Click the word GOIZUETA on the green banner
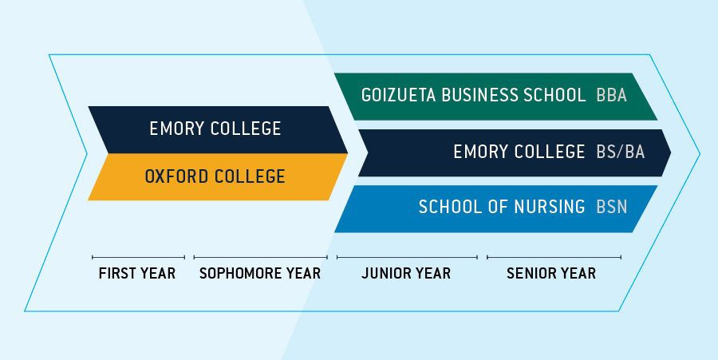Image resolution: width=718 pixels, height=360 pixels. [x=398, y=95]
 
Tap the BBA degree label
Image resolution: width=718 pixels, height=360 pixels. [x=611, y=95]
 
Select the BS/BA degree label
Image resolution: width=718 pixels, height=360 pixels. [x=621, y=152]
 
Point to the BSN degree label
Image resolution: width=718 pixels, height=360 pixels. [x=611, y=207]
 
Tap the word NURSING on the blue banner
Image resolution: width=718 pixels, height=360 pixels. [x=550, y=207]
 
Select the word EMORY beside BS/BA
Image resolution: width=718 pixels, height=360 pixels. [x=479, y=152]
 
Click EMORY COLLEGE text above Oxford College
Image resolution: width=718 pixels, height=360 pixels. [x=215, y=129]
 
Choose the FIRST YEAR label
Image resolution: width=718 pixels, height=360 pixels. [x=137, y=274]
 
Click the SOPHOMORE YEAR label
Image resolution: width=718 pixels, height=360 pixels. [x=260, y=274]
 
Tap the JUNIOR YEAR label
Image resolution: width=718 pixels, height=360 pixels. [x=406, y=274]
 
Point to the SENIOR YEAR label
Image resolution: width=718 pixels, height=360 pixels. [x=551, y=274]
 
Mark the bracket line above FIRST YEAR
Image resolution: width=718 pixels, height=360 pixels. [x=138, y=257]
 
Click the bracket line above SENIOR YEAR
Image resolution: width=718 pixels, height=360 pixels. [x=554, y=257]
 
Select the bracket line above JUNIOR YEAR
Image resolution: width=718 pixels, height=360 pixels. [x=407, y=257]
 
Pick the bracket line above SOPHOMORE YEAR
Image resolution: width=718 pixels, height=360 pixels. [x=261, y=257]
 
